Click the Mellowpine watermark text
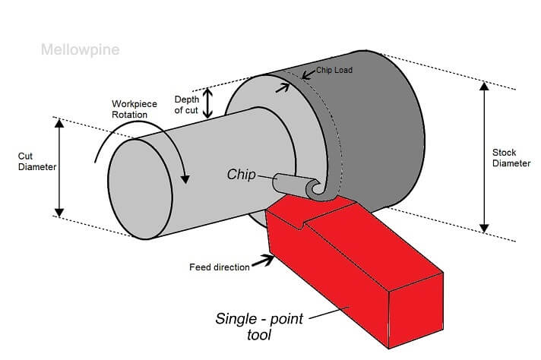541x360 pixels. pos(80,50)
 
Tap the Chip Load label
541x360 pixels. pos(334,70)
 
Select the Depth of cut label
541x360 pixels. pos(186,105)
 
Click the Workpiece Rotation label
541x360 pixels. pos(135,109)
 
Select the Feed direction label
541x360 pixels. pos(219,267)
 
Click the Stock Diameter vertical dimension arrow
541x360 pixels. pos(483,156)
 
